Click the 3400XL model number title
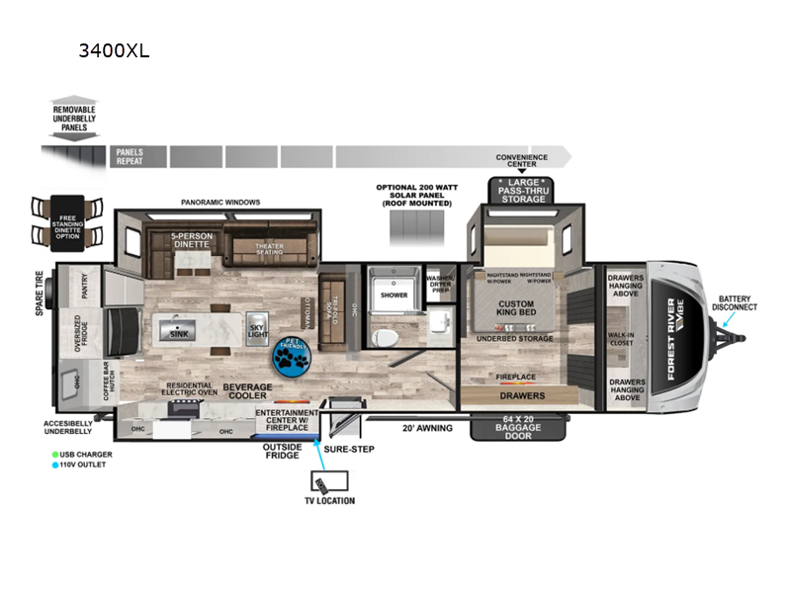coord(114,50)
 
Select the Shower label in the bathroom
coord(395,295)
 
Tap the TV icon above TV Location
coord(322,483)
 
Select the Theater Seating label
coord(270,250)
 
